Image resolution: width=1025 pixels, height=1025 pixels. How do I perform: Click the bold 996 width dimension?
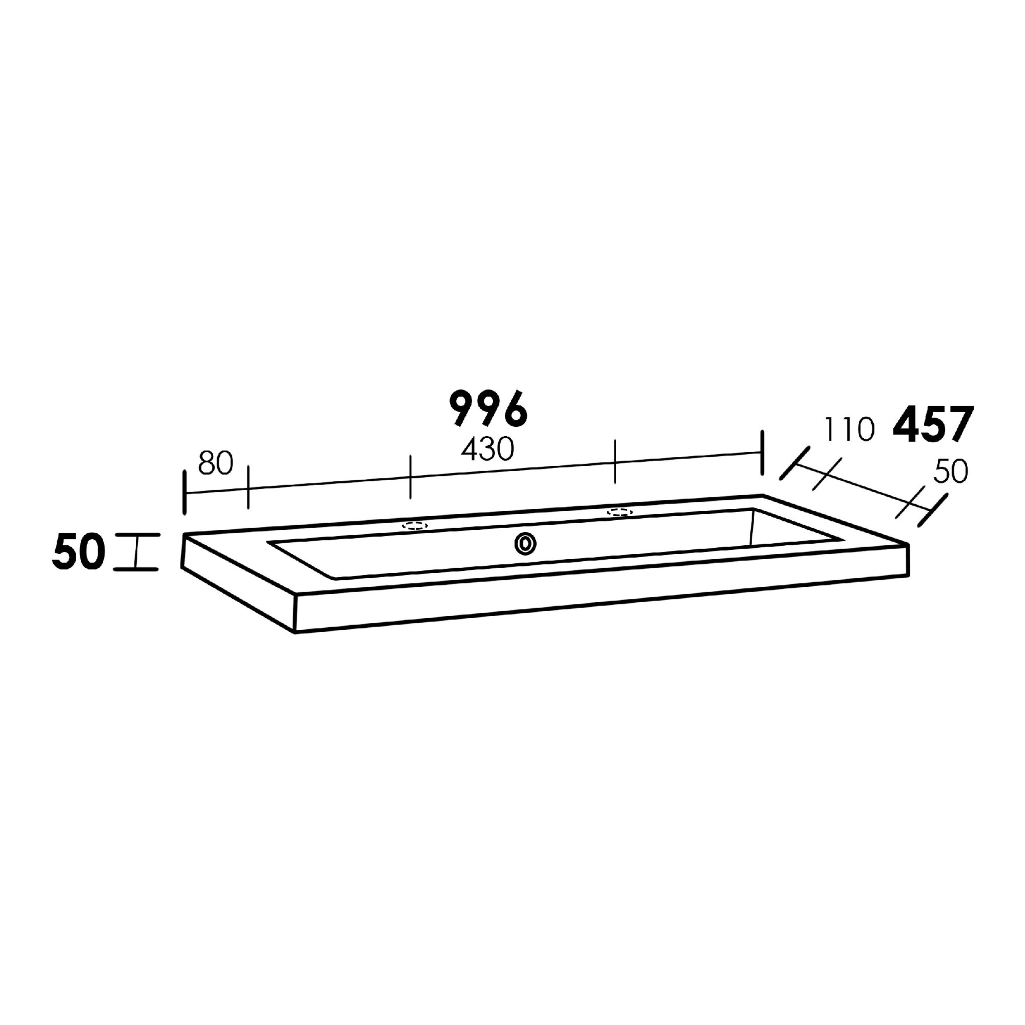pos(489,408)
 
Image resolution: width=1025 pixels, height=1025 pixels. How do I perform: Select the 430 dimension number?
pos(487,449)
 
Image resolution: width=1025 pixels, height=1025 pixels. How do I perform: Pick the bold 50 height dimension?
pos(79,552)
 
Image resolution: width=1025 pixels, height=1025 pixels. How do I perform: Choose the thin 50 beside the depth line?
pos(951,471)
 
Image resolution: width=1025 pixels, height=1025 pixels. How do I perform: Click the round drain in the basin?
pos(525,544)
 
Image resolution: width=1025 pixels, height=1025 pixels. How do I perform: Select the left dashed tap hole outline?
pos(415,526)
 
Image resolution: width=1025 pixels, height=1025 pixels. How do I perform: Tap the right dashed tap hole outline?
pos(620,512)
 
